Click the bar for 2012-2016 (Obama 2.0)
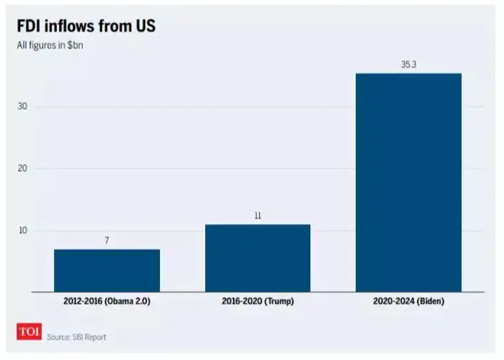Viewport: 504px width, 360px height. [107, 270]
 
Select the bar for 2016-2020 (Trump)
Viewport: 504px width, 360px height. [257, 258]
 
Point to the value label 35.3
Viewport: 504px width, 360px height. [409, 65]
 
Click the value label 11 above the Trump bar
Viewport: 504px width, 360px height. [257, 215]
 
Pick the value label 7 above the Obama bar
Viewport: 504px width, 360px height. [107, 240]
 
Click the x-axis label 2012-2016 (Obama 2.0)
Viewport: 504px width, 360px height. [107, 302]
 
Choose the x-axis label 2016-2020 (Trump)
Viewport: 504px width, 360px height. [257, 302]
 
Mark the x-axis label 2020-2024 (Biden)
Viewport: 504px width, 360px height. [408, 302]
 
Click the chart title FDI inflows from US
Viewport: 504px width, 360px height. [86, 27]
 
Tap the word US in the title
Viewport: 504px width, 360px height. [143, 27]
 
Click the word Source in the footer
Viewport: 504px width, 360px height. [59, 337]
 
